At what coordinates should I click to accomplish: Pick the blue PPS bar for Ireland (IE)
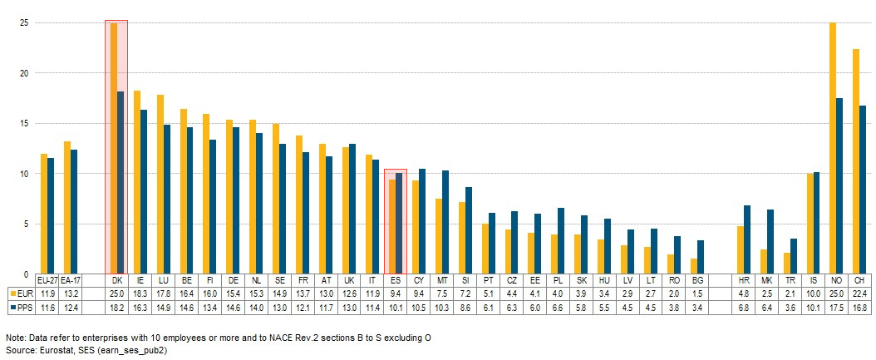(x=144, y=191)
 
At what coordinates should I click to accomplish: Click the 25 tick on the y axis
(x=25, y=23)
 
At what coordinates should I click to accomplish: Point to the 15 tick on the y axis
(x=25, y=124)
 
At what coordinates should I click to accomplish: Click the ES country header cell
(x=396, y=281)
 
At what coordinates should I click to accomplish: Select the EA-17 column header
(x=71, y=281)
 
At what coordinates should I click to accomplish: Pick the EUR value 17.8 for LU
(x=163, y=293)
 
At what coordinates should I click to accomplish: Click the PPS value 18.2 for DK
(x=116, y=308)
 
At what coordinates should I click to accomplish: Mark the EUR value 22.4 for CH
(x=859, y=293)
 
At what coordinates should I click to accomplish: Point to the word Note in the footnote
(x=15, y=338)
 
